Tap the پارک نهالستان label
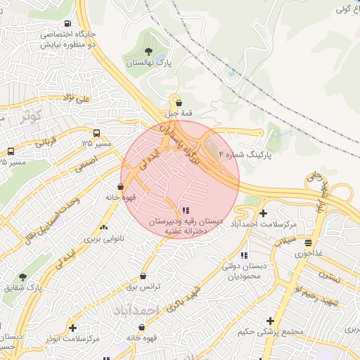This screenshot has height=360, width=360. point(148,63)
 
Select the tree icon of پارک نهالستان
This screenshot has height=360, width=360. point(148,51)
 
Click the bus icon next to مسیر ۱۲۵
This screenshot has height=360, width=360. point(96,132)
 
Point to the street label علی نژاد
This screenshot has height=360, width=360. point(77,99)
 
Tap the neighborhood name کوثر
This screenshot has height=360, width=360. point(31,115)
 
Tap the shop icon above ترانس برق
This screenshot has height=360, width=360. point(143,276)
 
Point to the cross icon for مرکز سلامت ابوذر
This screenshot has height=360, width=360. point(72,328)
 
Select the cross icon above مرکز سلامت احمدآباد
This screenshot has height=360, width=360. point(263,212)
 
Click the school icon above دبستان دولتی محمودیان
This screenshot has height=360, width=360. point(243,255)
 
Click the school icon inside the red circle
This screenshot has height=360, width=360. point(185,210)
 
